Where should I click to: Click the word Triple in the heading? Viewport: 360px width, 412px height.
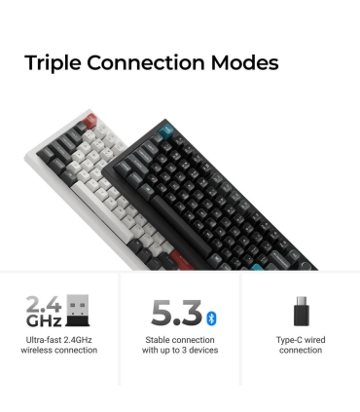pyautogui.click(x=53, y=63)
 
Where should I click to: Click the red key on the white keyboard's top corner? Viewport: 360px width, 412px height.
pyautogui.click(x=90, y=122)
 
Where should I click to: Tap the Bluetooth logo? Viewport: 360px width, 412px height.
pyautogui.click(x=211, y=318)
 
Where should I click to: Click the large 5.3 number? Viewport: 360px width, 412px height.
pyautogui.click(x=176, y=314)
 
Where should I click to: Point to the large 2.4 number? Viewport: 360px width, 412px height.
pyautogui.click(x=44, y=305)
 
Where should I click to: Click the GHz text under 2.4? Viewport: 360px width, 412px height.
pyautogui.click(x=44, y=321)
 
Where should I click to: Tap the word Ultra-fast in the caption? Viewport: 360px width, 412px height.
pyautogui.click(x=44, y=340)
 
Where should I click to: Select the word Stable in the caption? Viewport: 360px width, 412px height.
pyautogui.click(x=159, y=340)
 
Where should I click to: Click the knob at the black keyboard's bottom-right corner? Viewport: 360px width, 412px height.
pyautogui.click(x=305, y=265)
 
